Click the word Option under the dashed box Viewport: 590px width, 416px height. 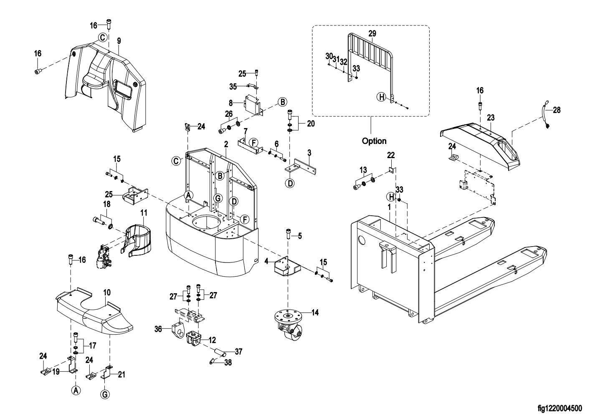[374, 141]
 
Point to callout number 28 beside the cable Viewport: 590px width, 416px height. [557, 110]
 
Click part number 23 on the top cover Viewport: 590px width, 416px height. [490, 118]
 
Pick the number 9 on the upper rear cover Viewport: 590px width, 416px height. [119, 41]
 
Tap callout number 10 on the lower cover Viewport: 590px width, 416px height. [106, 292]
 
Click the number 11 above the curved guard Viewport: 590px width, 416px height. [143, 213]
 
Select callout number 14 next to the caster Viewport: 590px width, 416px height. [315, 312]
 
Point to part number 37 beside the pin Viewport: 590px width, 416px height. [238, 351]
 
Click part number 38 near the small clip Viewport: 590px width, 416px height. [228, 363]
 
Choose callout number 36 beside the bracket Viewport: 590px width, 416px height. [158, 329]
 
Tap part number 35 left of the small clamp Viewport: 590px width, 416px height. [233, 87]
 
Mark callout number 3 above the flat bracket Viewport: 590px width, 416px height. [309, 153]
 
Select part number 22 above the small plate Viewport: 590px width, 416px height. [391, 155]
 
